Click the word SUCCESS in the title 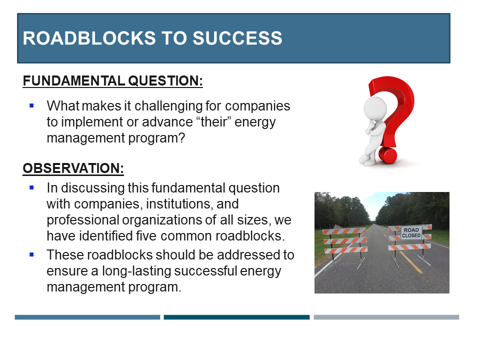pyautogui.click(x=237, y=38)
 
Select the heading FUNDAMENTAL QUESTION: pyautogui.click(x=112, y=81)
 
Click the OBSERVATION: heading pyautogui.click(x=73, y=168)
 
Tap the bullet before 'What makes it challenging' pyautogui.click(x=31, y=105)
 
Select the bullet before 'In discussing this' pyautogui.click(x=31, y=187)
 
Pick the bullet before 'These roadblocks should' pyautogui.click(x=31, y=254)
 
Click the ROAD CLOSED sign pyautogui.click(x=411, y=233)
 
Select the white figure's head pyautogui.click(x=375, y=108)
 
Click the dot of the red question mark pyautogui.click(x=388, y=155)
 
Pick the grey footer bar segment pyautogui.click(x=386, y=317)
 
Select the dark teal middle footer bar pyautogui.click(x=236, y=317)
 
